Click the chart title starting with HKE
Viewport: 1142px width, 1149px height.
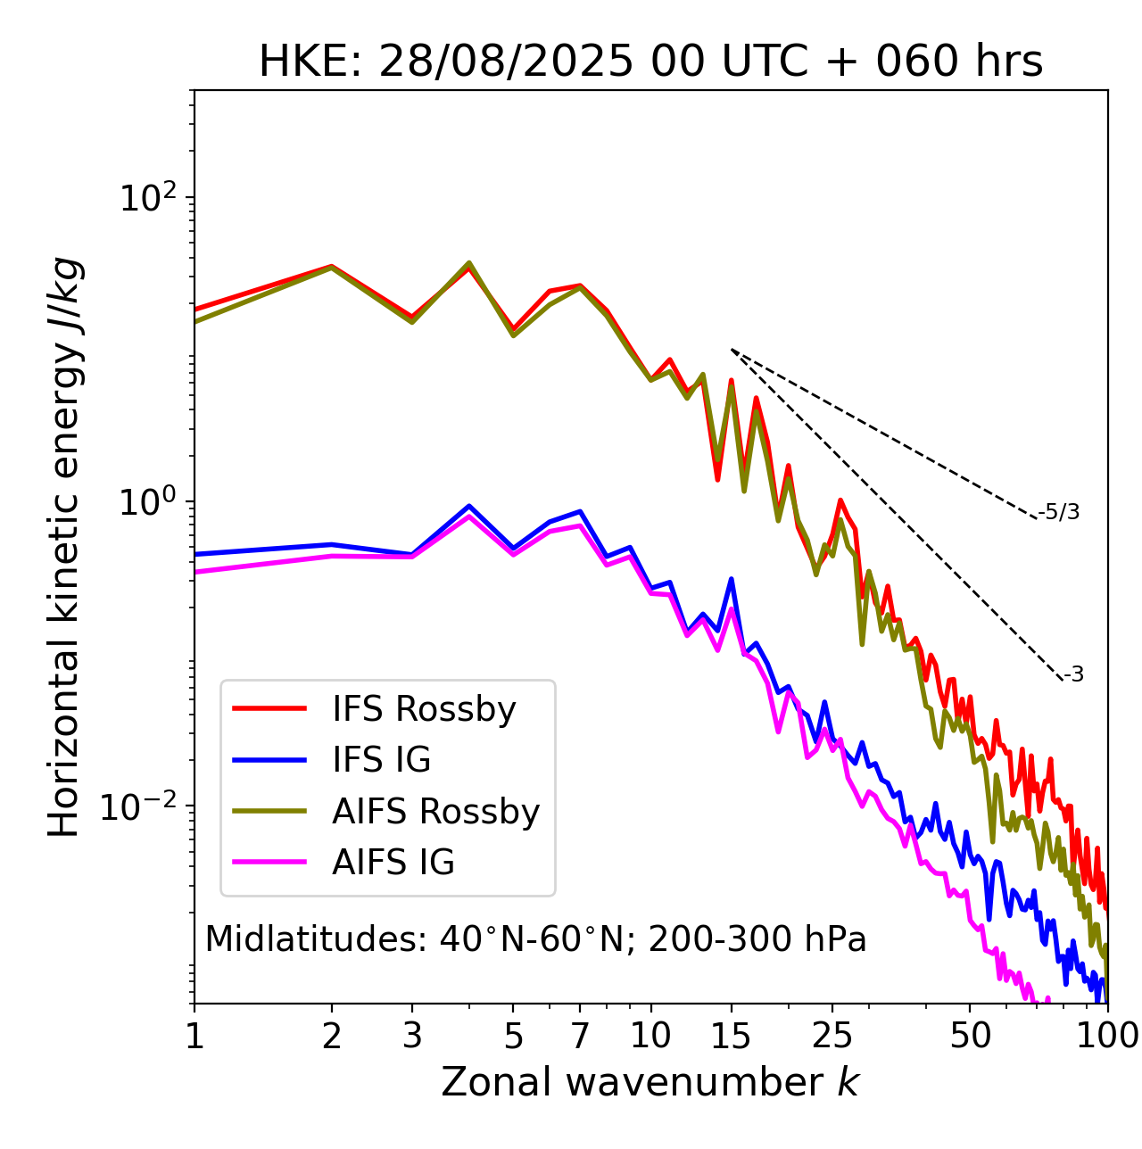click(x=650, y=62)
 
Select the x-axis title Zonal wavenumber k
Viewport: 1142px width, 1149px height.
click(x=650, y=1082)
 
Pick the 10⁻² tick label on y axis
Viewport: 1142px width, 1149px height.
click(x=144, y=806)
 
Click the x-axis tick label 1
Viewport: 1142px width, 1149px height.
click(x=194, y=1036)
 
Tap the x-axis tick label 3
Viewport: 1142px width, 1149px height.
click(x=411, y=1036)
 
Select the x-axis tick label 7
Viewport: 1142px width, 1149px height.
click(x=580, y=1036)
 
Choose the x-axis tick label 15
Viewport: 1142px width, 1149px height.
click(x=731, y=1036)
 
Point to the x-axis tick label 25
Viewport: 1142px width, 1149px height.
click(x=832, y=1036)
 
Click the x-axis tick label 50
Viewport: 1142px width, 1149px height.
click(x=970, y=1036)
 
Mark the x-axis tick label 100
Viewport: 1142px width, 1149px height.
click(x=1107, y=1036)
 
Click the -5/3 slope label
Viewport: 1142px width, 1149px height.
click(x=1059, y=512)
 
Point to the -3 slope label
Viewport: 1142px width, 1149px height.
click(x=1073, y=674)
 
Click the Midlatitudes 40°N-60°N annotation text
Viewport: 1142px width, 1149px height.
click(x=535, y=939)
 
